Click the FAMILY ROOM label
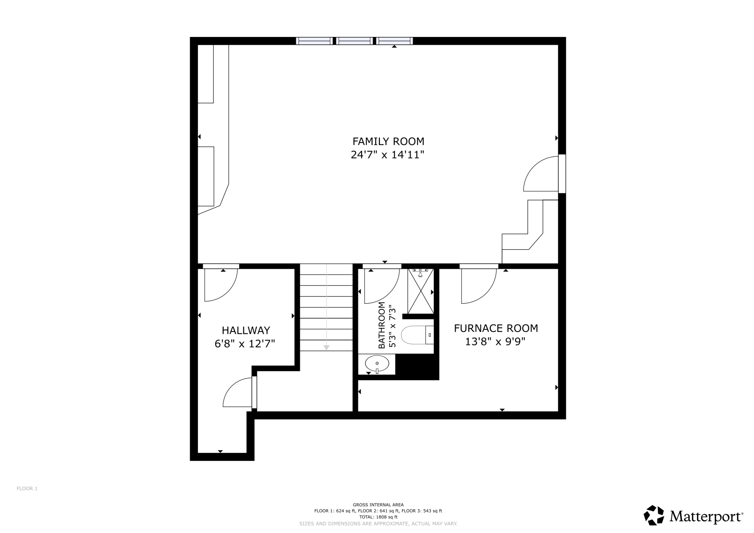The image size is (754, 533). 388,141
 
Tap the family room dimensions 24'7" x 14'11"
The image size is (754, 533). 388,155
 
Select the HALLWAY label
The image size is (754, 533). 246,330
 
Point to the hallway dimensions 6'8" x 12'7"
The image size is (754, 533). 245,343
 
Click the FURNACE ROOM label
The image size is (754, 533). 496,329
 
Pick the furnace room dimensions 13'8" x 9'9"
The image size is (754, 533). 495,342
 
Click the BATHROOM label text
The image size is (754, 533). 381,325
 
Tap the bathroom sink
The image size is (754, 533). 377,364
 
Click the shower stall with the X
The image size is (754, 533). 420,291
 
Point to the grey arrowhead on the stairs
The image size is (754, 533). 326,348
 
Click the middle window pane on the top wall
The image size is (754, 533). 355,41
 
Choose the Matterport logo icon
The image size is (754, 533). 654,515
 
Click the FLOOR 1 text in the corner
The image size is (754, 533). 27,488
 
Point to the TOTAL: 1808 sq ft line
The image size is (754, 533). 378,517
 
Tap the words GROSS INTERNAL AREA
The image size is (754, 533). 378,505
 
